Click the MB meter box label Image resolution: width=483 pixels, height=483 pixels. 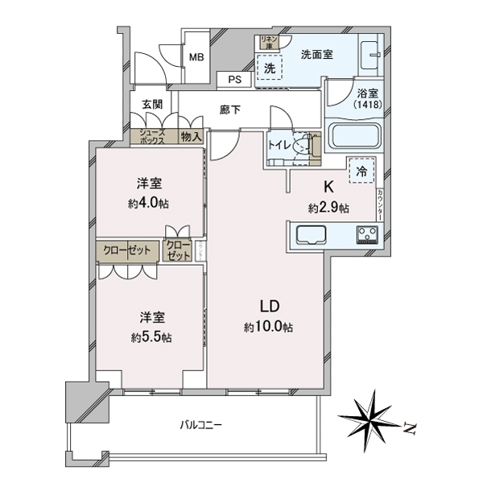196,57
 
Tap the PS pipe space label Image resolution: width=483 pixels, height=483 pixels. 234,80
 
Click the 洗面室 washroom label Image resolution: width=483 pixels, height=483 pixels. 317,55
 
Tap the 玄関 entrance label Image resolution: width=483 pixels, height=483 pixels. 152,104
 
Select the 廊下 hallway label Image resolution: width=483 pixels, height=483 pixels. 230,109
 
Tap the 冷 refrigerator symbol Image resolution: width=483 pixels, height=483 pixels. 361,171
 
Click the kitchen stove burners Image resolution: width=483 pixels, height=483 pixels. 369,236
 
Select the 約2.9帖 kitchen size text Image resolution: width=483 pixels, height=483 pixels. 328,208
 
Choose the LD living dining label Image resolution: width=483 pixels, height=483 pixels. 269,307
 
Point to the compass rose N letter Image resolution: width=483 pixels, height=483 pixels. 409,430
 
